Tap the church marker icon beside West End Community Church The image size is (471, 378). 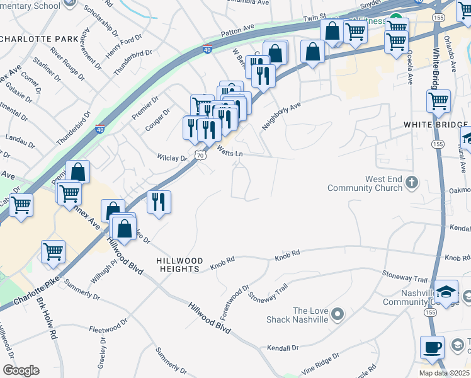412,183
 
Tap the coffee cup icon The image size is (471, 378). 433,347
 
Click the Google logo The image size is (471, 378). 21,370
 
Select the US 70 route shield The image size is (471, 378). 200,155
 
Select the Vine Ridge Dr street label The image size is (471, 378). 319,361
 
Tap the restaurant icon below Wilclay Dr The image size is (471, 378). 158,202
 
